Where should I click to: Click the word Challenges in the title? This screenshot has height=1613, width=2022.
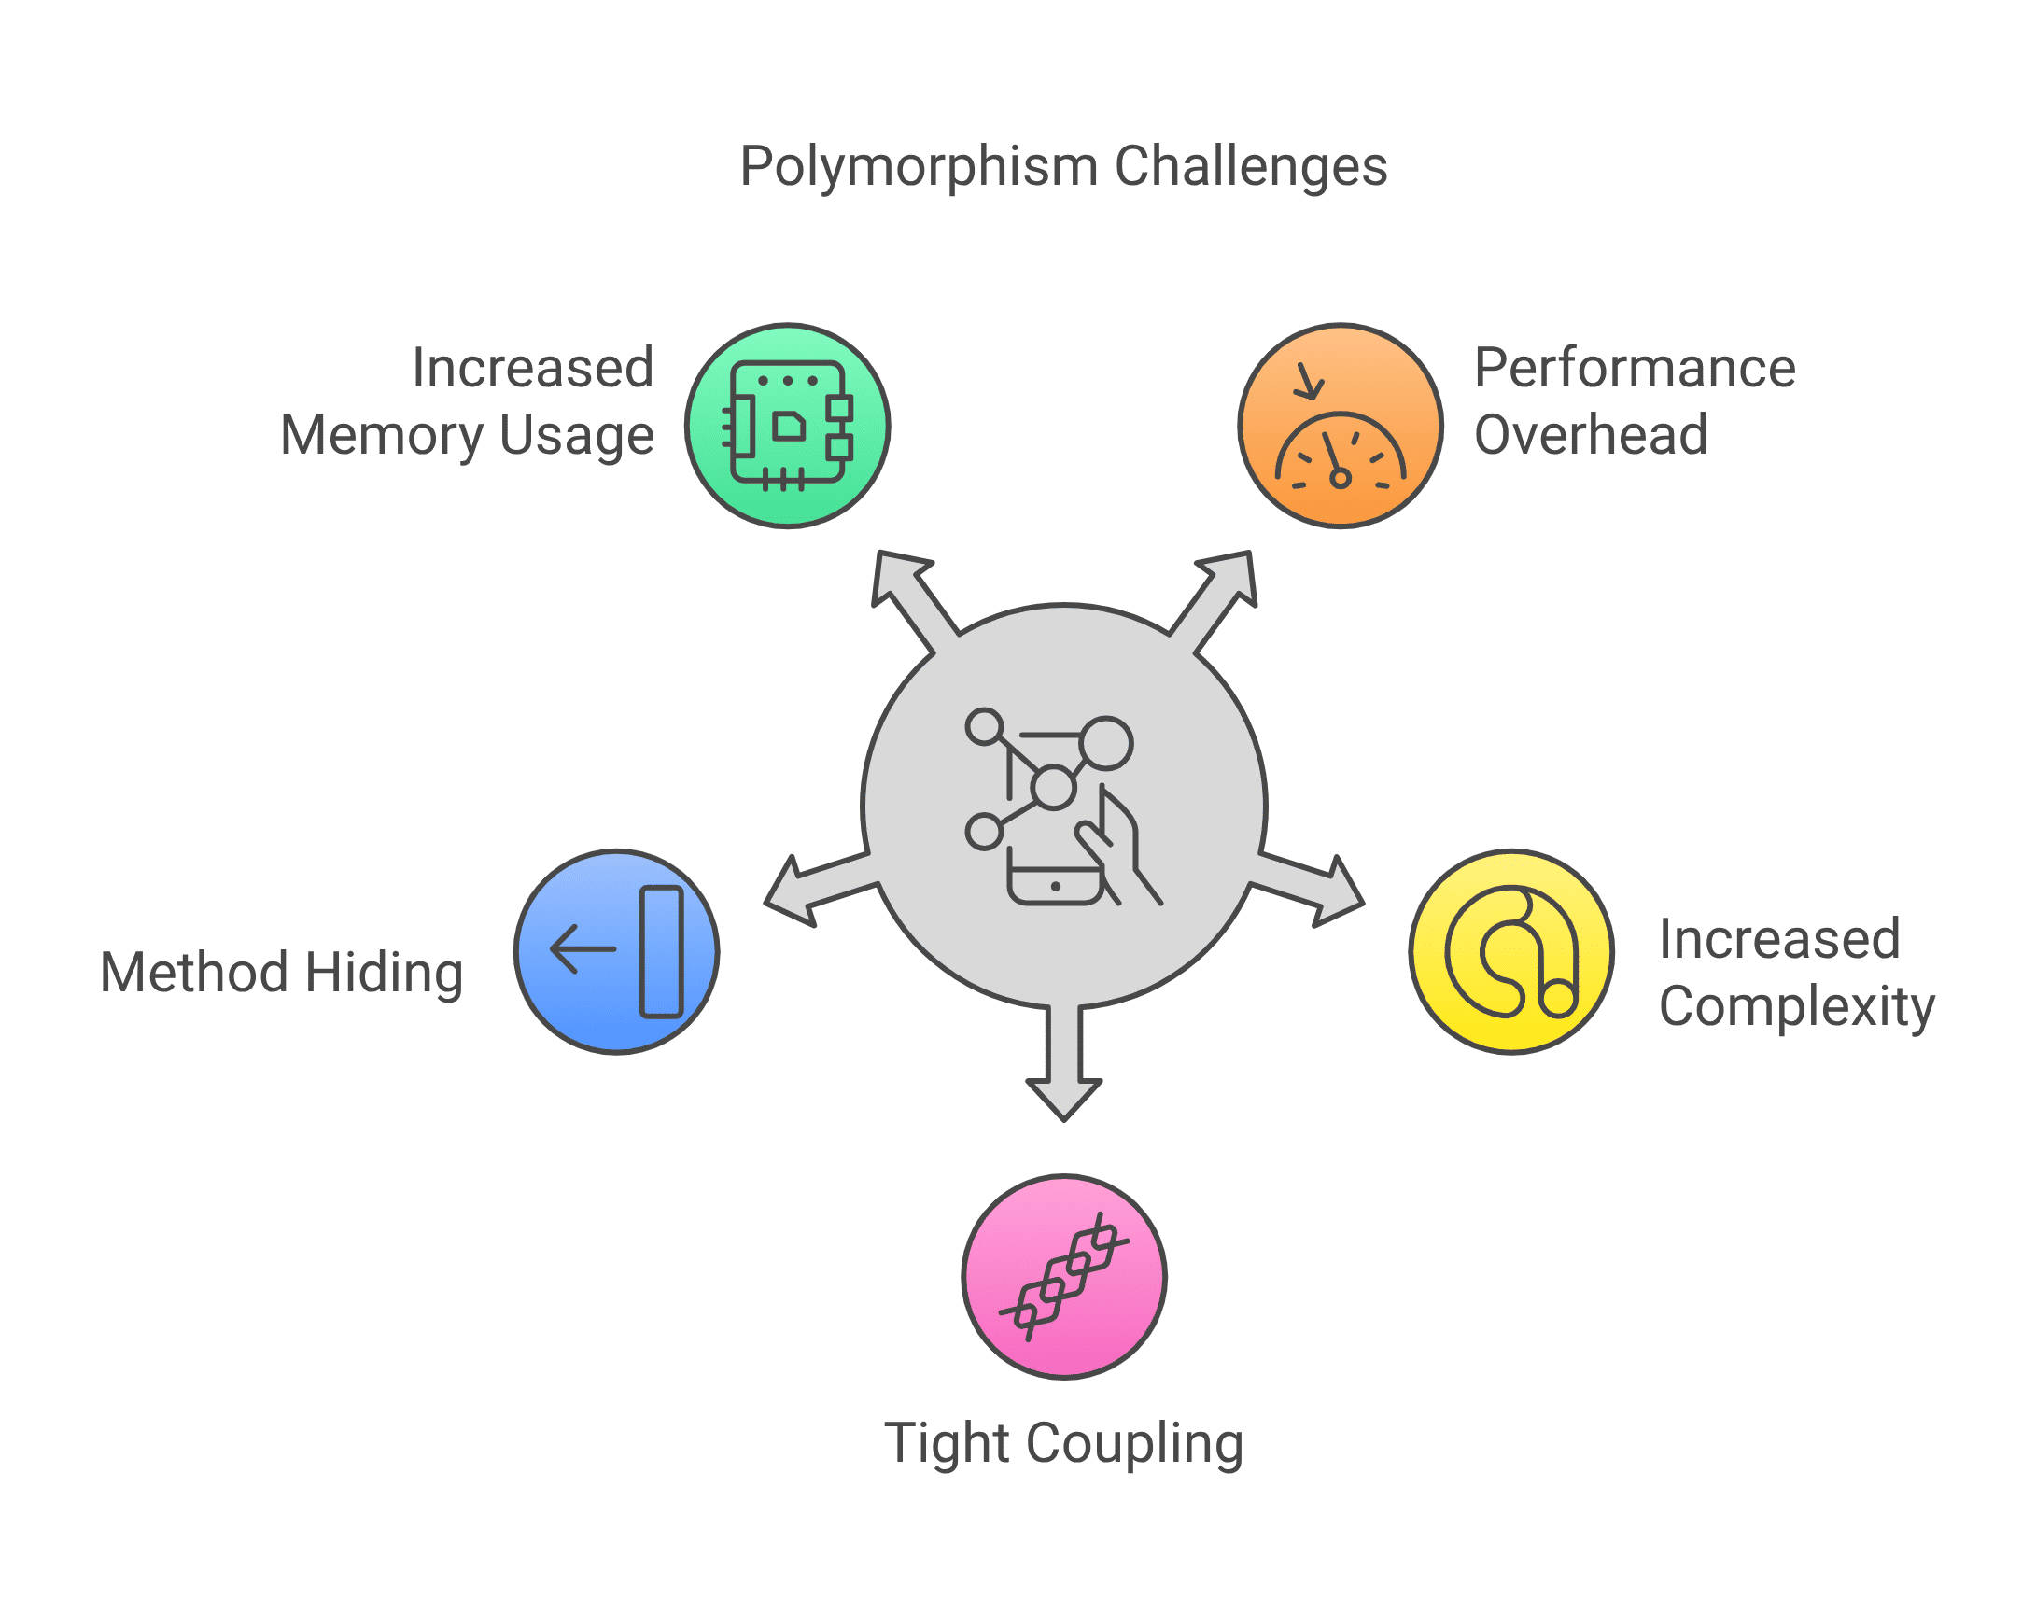[1251, 166]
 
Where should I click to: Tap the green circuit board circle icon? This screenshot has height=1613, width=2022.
[788, 426]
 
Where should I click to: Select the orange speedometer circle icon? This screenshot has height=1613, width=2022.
[1341, 426]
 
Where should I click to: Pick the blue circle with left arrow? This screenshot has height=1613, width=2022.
[617, 952]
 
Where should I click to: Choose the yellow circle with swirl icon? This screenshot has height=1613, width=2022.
[1511, 952]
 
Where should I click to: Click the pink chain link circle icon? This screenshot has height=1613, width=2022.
[1064, 1277]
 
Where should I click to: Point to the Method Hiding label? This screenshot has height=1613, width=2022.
[281, 973]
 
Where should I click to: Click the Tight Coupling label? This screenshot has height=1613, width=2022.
[1064, 1443]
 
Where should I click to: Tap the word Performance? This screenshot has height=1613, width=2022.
[1635, 368]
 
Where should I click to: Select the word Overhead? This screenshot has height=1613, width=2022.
[1591, 435]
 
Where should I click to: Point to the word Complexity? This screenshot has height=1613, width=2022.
[1797, 1007]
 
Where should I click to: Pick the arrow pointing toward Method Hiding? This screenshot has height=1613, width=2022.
[821, 890]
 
